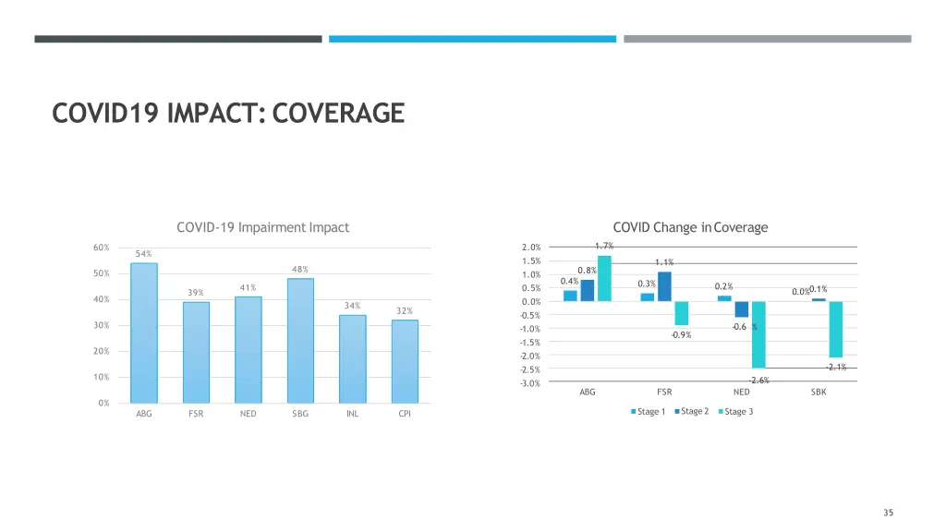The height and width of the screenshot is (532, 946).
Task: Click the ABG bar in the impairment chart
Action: click(x=144, y=332)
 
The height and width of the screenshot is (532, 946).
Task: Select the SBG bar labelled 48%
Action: click(x=300, y=340)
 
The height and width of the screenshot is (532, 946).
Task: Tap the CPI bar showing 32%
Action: click(x=405, y=361)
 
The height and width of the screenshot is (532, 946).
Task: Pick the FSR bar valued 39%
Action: click(x=196, y=352)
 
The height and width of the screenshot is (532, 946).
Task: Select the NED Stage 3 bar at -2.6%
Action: click(x=758, y=334)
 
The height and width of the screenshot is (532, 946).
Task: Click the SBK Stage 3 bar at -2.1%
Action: click(x=835, y=329)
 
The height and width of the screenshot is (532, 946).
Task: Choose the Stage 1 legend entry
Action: click(x=649, y=412)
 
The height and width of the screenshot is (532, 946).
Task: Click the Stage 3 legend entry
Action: click(x=735, y=412)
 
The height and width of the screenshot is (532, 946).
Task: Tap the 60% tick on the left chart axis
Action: click(x=101, y=248)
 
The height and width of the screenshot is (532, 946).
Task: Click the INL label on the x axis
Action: click(x=352, y=414)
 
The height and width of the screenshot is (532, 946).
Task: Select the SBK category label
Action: click(x=819, y=393)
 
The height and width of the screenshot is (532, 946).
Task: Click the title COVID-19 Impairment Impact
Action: click(x=262, y=227)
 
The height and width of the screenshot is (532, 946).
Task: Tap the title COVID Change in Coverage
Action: click(x=690, y=227)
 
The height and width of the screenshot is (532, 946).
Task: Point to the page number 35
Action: click(x=888, y=513)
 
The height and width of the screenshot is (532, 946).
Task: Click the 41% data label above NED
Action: click(x=248, y=288)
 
